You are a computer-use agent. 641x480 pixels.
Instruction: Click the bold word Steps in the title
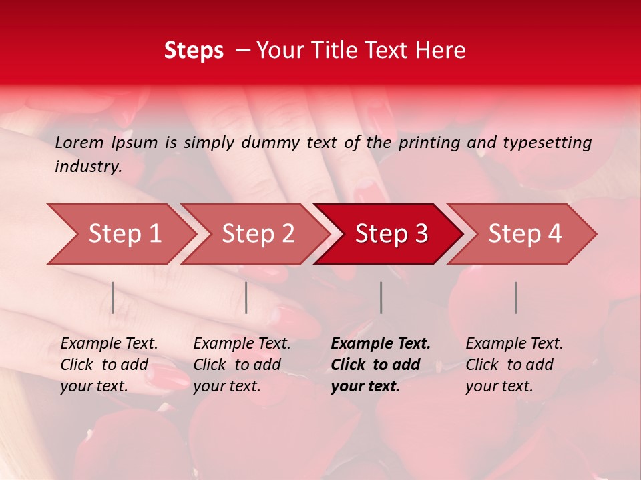[194, 51]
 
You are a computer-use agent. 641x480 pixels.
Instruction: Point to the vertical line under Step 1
[113, 297]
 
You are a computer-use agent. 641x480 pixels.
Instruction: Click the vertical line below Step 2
[246, 297]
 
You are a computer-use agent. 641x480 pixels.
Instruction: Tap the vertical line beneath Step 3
[381, 297]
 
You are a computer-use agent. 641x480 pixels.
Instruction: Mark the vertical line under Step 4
[516, 297]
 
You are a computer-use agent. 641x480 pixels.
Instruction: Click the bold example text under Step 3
[381, 365]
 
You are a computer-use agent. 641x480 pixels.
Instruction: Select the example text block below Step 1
[109, 365]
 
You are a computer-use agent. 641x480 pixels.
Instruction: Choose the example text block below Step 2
[242, 365]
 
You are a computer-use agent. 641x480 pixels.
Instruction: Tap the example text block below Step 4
[514, 365]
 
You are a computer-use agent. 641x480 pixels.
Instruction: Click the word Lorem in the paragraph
[79, 142]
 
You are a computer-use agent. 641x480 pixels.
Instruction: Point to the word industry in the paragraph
[88, 167]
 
